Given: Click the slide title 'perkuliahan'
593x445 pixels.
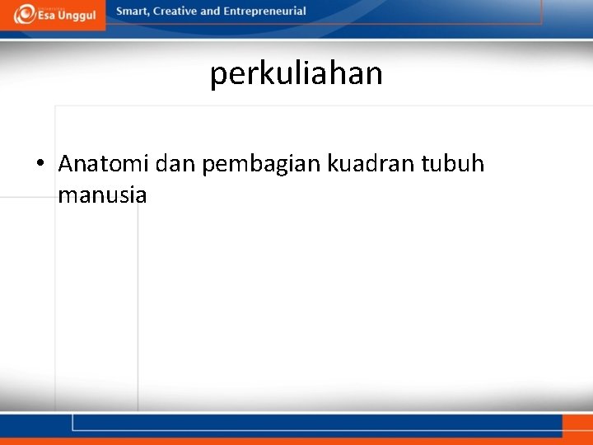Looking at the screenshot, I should point(296,73).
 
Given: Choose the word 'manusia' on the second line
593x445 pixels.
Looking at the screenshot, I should point(102,196).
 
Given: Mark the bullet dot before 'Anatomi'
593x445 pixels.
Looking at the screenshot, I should point(40,165).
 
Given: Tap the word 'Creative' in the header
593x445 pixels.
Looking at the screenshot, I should point(174,12).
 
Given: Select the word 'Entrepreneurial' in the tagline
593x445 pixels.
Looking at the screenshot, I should point(264,12).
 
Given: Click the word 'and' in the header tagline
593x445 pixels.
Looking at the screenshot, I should point(211,12).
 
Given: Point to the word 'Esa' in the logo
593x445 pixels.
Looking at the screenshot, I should point(46,16).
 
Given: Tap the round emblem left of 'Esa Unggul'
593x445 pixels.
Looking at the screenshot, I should point(24,14).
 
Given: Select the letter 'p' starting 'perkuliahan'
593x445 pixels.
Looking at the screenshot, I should point(217,76).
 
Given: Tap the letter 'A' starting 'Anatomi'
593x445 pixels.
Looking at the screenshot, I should point(66,164).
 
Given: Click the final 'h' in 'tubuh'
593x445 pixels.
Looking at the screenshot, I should point(478,164).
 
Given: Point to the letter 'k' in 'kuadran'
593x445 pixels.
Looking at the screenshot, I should point(332,164).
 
